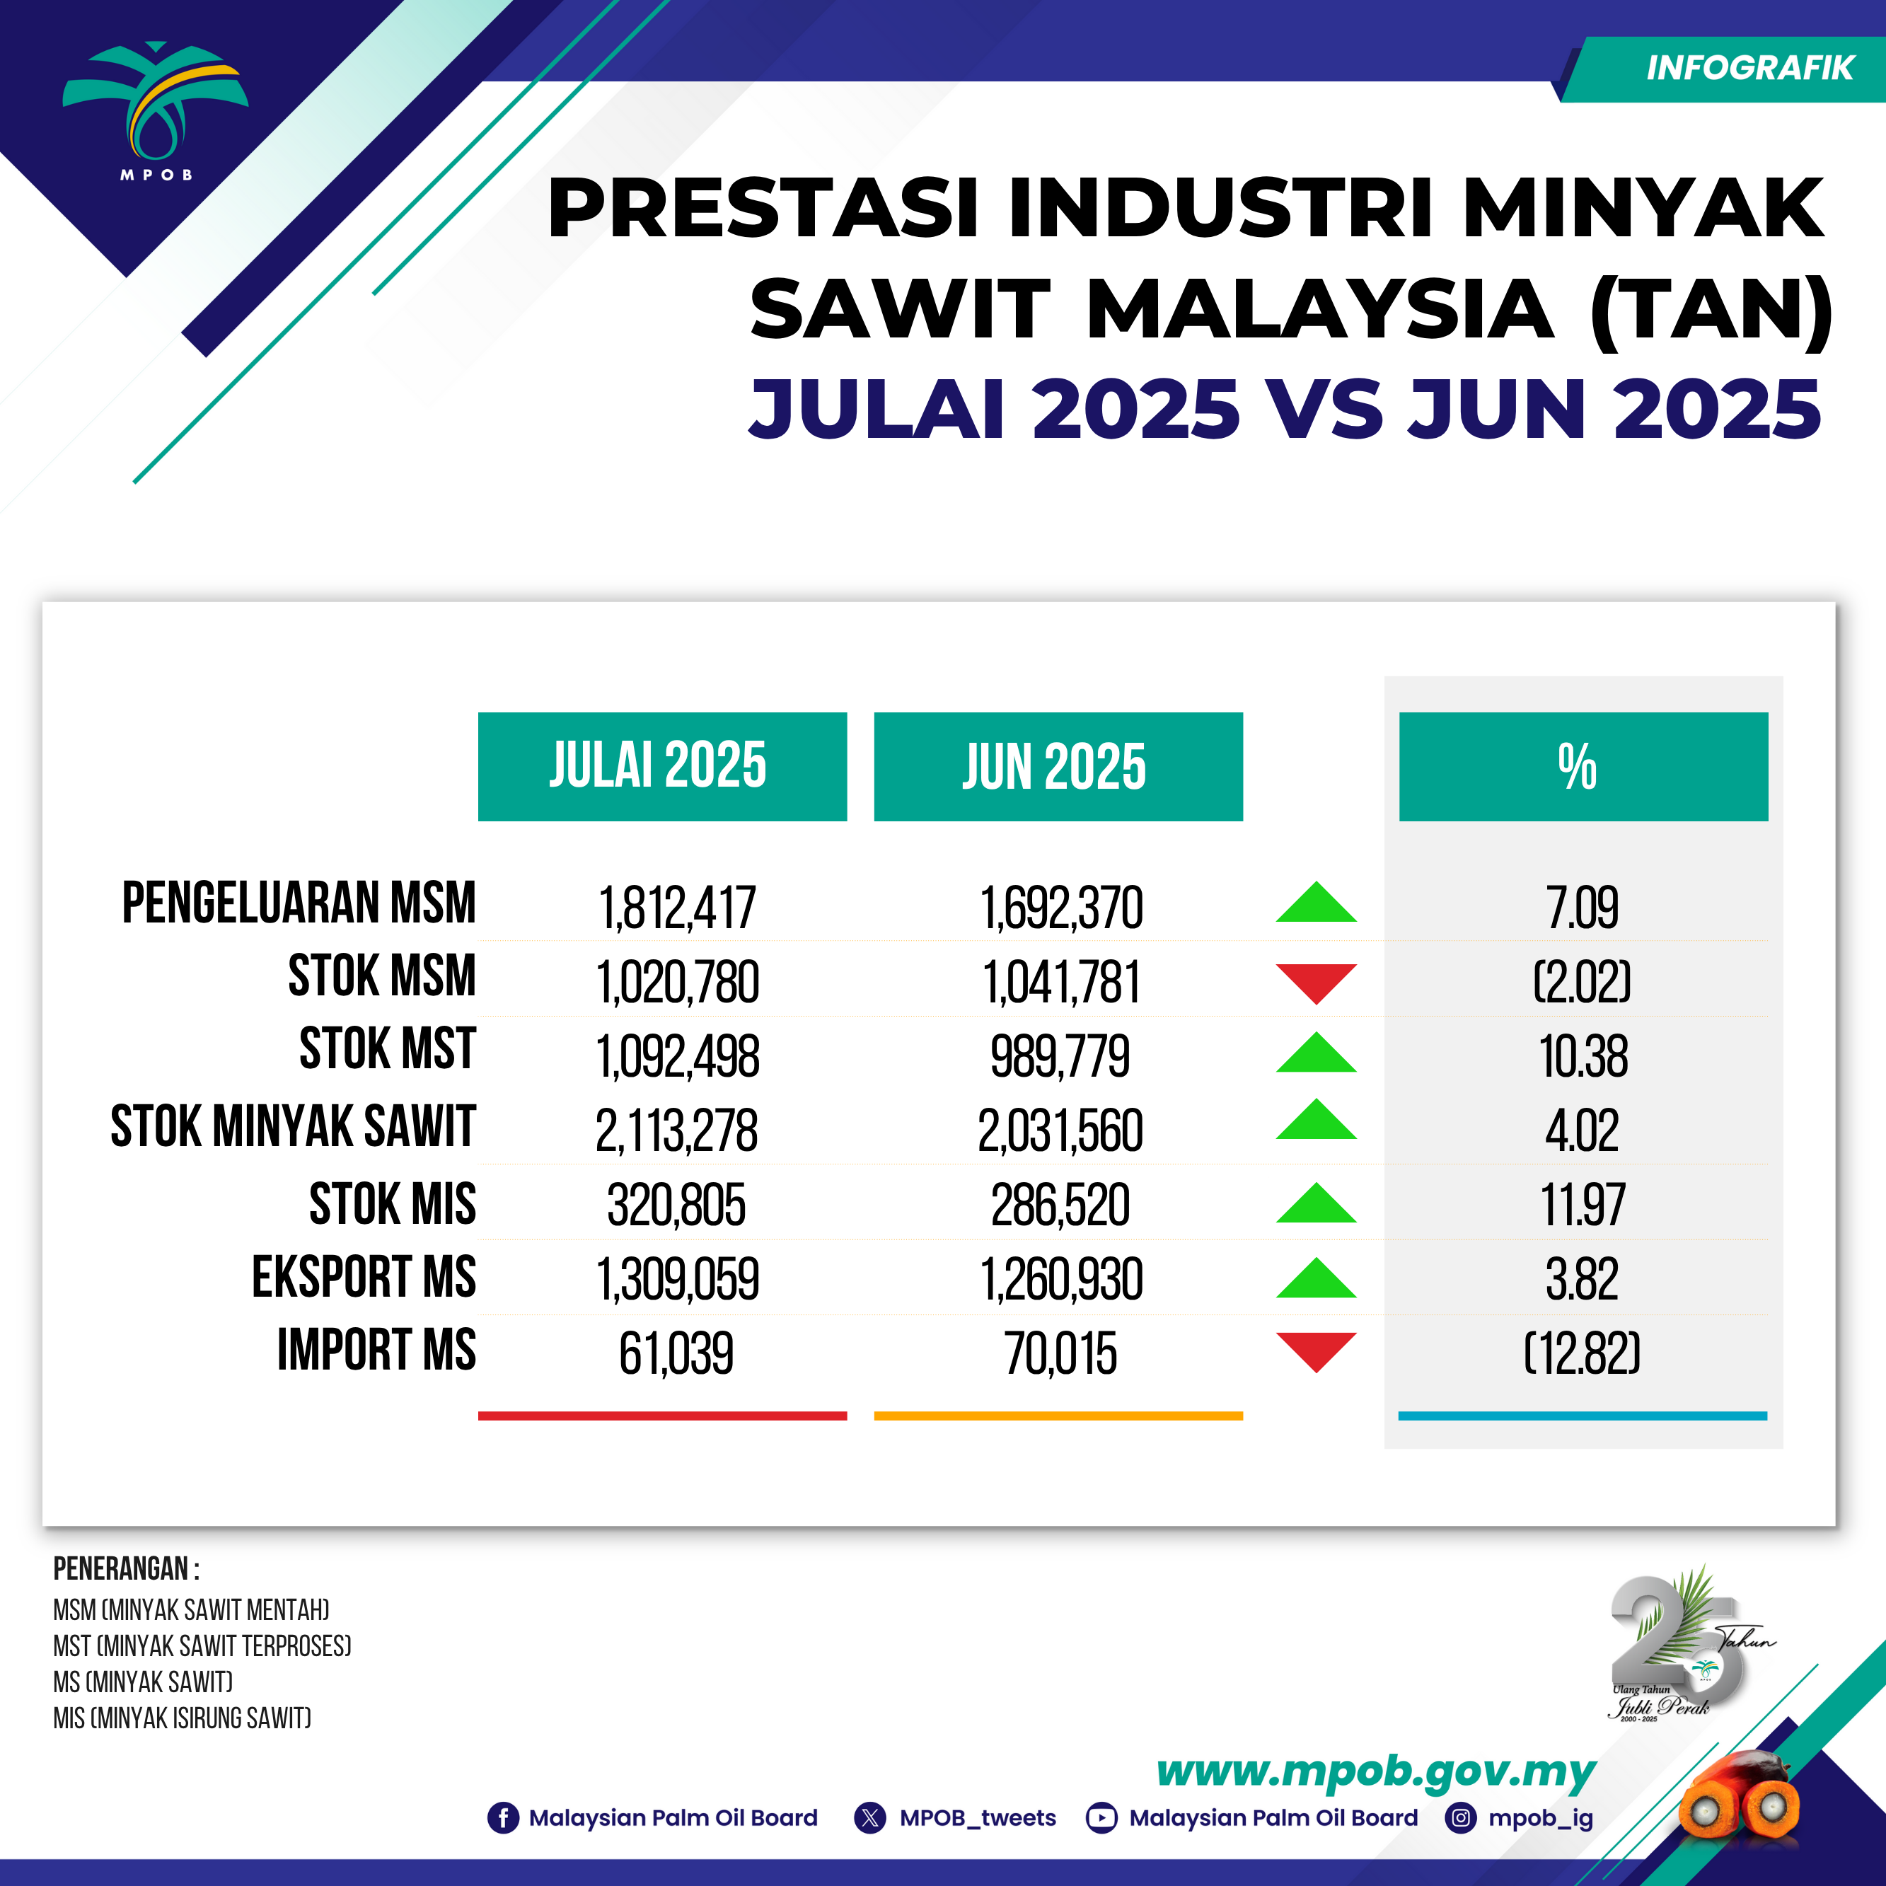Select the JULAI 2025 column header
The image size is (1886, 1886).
click(662, 766)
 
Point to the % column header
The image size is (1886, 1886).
click(1583, 766)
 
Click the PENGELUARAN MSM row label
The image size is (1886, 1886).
click(299, 902)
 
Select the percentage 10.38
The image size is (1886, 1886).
click(1583, 1056)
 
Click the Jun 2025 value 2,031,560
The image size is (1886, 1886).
click(1060, 1130)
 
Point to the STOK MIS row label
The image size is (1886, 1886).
click(393, 1203)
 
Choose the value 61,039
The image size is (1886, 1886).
click(676, 1353)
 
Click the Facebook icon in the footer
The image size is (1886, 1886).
click(503, 1817)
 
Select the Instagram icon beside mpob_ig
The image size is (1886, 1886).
click(1460, 1817)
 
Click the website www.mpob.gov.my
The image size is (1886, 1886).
click(1375, 1771)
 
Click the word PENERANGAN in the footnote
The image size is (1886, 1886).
click(120, 1569)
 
